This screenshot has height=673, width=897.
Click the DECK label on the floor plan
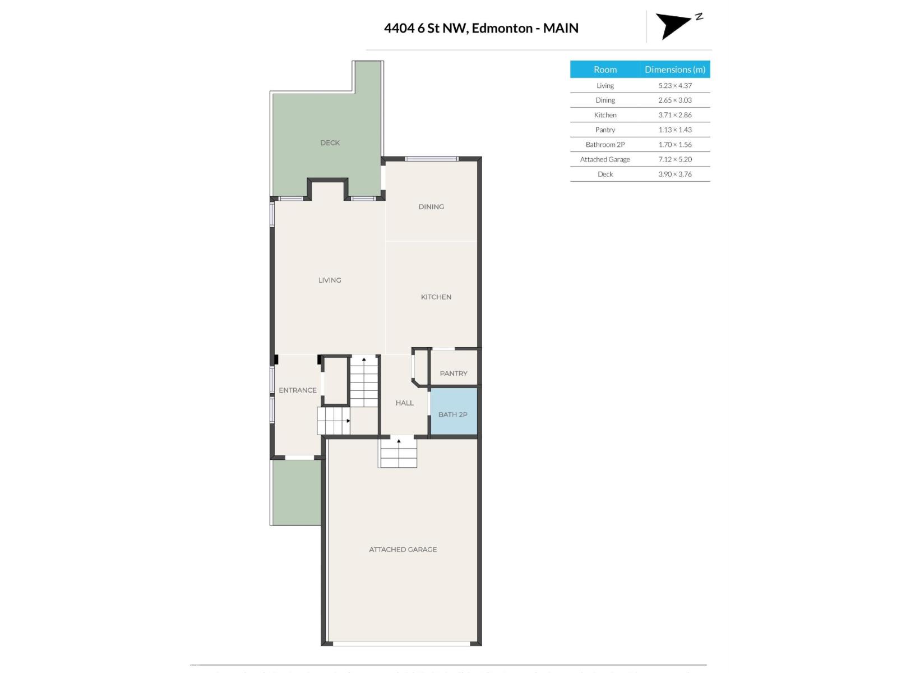point(330,143)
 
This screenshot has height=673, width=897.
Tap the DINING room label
point(431,207)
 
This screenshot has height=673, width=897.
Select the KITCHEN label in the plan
point(436,297)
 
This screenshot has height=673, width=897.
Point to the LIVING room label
point(330,280)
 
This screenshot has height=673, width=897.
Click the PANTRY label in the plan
point(454,374)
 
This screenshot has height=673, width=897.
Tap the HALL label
point(404,403)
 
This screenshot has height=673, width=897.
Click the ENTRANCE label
point(298,390)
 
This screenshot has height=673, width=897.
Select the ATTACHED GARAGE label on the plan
point(403,550)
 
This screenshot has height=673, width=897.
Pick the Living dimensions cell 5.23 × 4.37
point(675,86)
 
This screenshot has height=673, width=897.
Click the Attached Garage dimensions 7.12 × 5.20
point(675,159)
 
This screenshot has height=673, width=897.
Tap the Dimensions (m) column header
point(675,70)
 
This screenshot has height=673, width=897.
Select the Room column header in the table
point(605,70)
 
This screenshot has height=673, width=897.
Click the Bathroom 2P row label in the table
point(605,145)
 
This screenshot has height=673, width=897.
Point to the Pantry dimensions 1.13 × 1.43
point(675,130)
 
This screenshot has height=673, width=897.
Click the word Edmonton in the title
point(502,29)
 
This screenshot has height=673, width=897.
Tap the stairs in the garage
point(399,453)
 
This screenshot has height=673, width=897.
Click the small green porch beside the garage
point(297,492)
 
